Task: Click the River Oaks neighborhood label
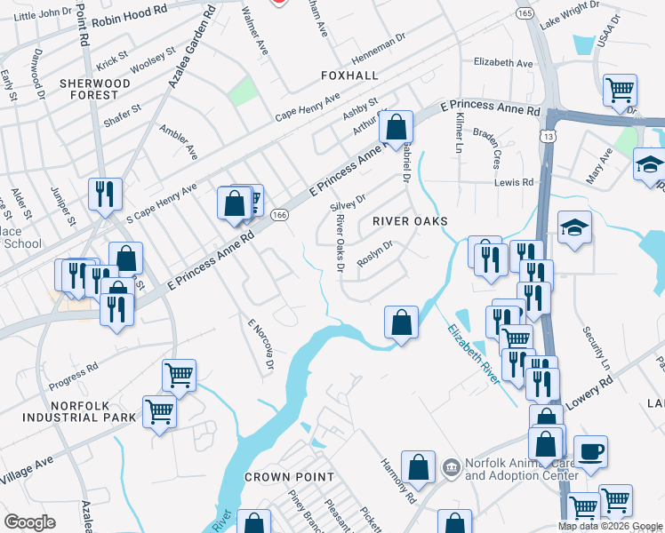tap(409, 220)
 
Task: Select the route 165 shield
tap(525, 15)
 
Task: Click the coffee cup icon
tap(590, 451)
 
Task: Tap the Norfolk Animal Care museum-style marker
tap(451, 466)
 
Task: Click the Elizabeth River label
tap(471, 347)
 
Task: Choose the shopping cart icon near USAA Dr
tap(619, 89)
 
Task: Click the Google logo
tap(30, 521)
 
